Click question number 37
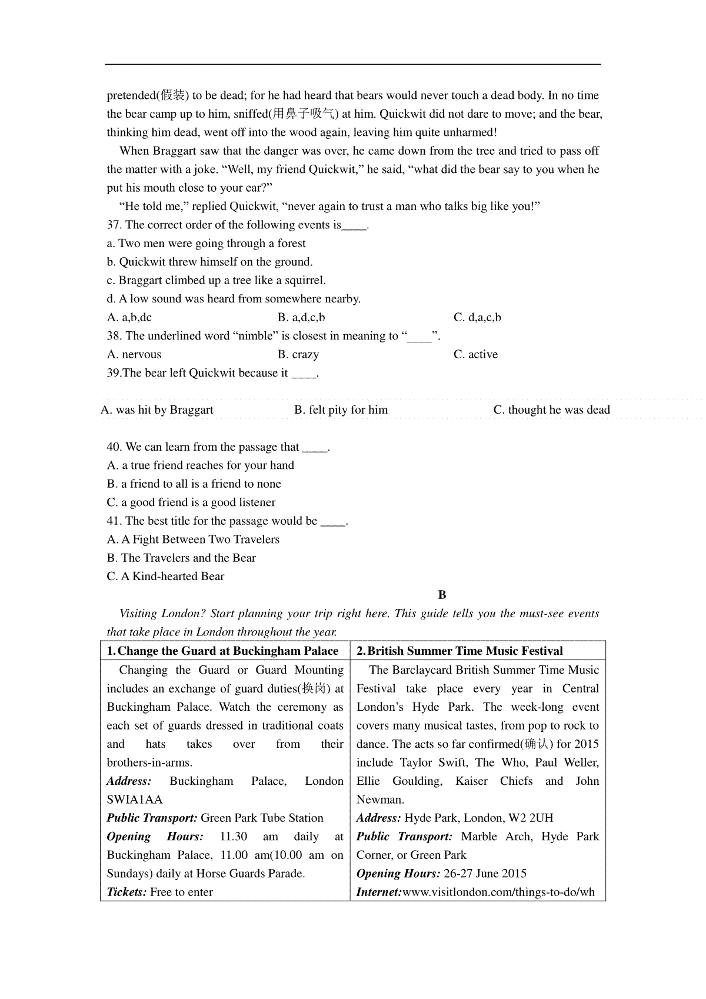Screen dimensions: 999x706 [114, 225]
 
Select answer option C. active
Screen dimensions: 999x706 [475, 354]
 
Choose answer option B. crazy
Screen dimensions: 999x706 [298, 354]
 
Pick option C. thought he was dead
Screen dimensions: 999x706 [551, 409]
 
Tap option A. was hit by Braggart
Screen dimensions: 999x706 [157, 409]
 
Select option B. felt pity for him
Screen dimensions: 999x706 [341, 409]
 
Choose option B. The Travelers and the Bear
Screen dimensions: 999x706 [181, 558]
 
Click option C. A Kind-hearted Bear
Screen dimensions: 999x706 [165, 576]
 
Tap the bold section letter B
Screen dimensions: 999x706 [442, 595]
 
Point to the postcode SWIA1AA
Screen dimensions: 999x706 [135, 800]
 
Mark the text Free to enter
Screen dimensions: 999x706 [181, 892]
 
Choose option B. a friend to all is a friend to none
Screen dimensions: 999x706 [194, 484]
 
